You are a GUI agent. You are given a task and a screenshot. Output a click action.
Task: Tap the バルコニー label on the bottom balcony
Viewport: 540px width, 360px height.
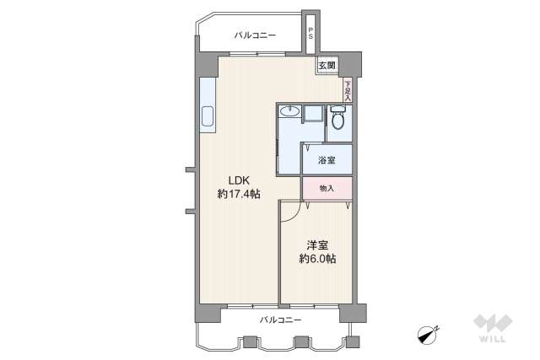pyautogui.click(x=279, y=320)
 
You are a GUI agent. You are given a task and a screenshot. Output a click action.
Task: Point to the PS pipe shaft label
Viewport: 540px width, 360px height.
pyautogui.click(x=310, y=35)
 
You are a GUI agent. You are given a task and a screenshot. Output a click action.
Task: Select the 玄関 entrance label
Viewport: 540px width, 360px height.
pyautogui.click(x=327, y=65)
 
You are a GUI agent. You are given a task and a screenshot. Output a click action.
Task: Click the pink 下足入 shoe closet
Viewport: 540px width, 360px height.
pyautogui.click(x=346, y=88)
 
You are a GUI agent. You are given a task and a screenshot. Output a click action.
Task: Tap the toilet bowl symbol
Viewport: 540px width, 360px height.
pyautogui.click(x=338, y=119)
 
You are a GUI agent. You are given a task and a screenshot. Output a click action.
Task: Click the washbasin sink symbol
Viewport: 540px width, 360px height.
pyautogui.click(x=289, y=110)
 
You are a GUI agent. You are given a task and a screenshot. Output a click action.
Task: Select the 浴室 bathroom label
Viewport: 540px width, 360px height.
pyautogui.click(x=327, y=159)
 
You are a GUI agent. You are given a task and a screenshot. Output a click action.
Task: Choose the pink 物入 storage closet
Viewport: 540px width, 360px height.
pyautogui.click(x=327, y=189)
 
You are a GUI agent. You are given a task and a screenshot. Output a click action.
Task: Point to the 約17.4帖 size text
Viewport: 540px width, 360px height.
pyautogui.click(x=238, y=194)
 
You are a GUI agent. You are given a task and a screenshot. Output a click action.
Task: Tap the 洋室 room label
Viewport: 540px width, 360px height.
pyautogui.click(x=316, y=244)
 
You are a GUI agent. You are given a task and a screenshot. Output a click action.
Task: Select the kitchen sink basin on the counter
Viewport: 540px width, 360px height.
pyautogui.click(x=208, y=118)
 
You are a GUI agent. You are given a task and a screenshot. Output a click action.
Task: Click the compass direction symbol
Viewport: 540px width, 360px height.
pyautogui.click(x=429, y=333)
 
